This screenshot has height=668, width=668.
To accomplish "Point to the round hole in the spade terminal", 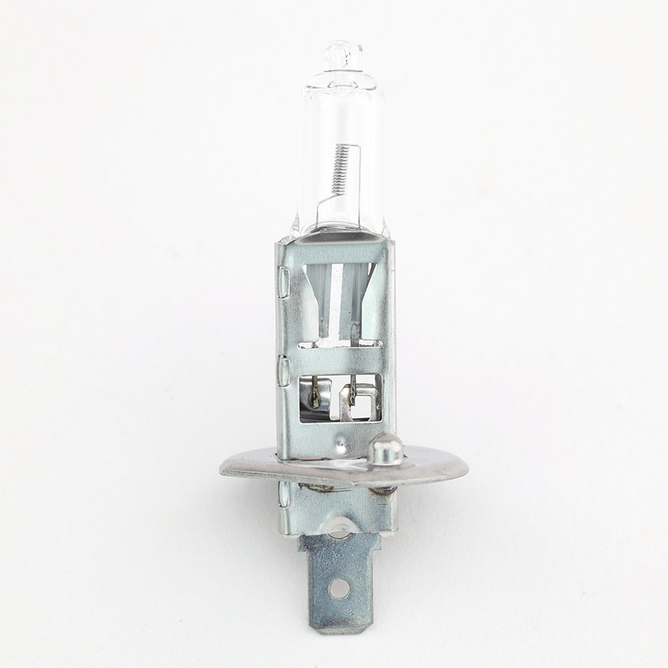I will (339, 589).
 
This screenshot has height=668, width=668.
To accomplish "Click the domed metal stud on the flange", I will (386, 448).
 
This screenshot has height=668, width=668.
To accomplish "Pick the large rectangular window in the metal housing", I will (339, 398).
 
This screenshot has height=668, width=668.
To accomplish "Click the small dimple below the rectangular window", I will (339, 444).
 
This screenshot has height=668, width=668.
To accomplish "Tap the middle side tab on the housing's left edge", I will (283, 370).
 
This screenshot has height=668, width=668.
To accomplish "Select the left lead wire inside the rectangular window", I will (316, 393).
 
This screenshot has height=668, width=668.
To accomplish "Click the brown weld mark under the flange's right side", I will (383, 490).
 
